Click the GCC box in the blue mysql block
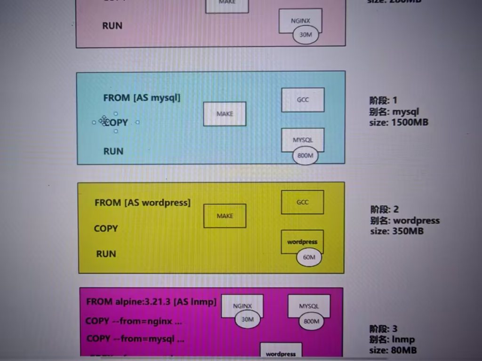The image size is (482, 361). coord(303,100)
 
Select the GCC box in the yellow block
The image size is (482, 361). coord(302,202)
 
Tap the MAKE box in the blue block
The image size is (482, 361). coord(225,114)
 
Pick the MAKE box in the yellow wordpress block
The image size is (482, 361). coord(225,216)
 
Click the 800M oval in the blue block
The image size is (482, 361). coord(305,156)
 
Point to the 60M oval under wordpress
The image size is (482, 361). coord(309,257)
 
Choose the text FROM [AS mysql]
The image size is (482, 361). coord(142,98)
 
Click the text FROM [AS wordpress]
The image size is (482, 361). coord(143,203)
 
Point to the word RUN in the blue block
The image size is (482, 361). coord(113,151)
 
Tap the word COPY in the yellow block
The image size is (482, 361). coord(106,228)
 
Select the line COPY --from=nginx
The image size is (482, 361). coord(134,322)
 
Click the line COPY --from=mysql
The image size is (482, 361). coord(135,338)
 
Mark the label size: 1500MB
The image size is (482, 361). coord(399,123)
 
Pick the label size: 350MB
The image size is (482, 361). coord(397,231)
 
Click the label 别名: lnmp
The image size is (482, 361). coord(392,339)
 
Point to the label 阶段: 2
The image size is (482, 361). coord(384,209)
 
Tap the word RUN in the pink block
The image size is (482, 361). coord(112,26)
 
